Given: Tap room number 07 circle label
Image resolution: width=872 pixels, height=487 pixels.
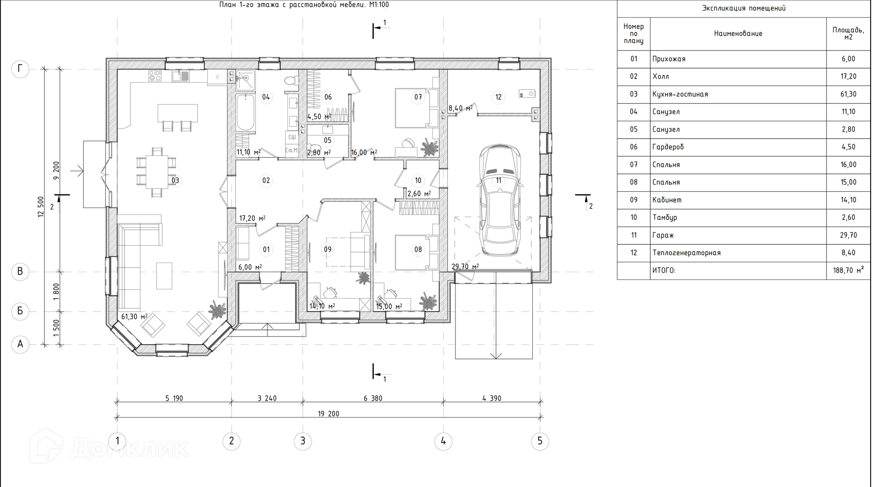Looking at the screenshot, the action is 418,97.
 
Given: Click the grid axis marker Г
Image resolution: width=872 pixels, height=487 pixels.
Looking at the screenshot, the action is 20,69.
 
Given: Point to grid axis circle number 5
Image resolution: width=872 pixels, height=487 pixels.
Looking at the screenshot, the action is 540,441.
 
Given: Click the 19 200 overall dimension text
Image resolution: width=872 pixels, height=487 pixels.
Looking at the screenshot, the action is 328,414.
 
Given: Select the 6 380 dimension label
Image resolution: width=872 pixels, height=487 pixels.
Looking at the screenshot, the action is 373,398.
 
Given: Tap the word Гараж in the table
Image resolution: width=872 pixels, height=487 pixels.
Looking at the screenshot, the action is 663,235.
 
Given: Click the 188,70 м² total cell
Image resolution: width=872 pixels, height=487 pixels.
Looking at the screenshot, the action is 848,270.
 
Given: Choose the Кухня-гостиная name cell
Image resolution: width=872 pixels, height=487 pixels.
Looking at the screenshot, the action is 680,94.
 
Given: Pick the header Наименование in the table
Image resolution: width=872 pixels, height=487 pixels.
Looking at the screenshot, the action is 738,34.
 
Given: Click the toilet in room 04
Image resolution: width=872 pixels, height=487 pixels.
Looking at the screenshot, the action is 291,81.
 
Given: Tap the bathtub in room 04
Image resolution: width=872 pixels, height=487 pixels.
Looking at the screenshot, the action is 245,110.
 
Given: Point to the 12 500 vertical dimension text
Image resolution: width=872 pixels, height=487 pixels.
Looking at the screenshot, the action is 40,207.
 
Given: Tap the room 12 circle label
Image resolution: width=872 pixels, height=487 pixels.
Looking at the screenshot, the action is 498,97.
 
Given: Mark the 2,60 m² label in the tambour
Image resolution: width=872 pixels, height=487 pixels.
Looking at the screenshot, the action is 419,194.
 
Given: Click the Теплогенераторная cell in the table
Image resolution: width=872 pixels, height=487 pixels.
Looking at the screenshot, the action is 686,253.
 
